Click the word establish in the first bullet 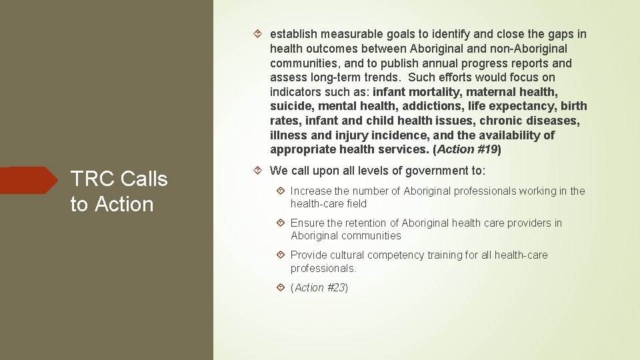pos(293,34)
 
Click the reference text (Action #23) pos(319,288)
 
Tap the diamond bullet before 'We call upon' pos(260,171)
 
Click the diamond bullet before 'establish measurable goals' pos(260,34)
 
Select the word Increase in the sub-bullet pos(312,191)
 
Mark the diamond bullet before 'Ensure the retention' pos(281,223)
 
